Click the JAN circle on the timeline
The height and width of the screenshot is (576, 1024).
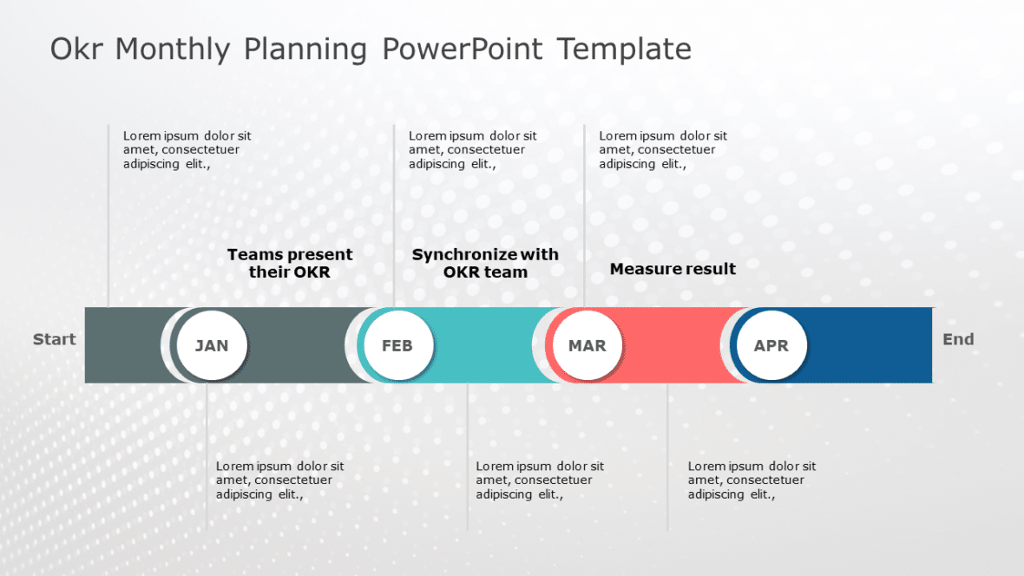click(x=212, y=345)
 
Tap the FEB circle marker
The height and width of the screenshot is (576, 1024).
click(x=397, y=345)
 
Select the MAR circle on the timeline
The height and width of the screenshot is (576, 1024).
click(x=587, y=345)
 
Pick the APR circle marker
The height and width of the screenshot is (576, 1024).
click(x=771, y=345)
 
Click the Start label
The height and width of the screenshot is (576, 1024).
click(x=54, y=339)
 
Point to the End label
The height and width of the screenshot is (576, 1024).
click(x=958, y=339)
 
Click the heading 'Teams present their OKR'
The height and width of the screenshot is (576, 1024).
click(x=290, y=263)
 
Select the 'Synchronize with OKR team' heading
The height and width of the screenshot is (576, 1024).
click(x=485, y=263)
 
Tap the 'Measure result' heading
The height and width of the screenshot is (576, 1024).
click(x=673, y=269)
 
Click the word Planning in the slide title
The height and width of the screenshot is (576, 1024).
click(x=305, y=49)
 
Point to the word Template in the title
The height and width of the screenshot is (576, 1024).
click(x=624, y=49)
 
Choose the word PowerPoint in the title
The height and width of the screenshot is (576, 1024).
click(x=462, y=49)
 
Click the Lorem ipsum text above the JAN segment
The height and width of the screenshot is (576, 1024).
click(x=187, y=149)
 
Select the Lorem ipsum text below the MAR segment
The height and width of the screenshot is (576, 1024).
click(x=752, y=480)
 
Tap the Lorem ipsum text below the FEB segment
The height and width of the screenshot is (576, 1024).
click(x=540, y=480)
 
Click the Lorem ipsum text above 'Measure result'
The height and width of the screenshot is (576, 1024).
click(x=663, y=149)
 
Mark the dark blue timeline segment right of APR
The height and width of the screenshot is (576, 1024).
click(x=868, y=345)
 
